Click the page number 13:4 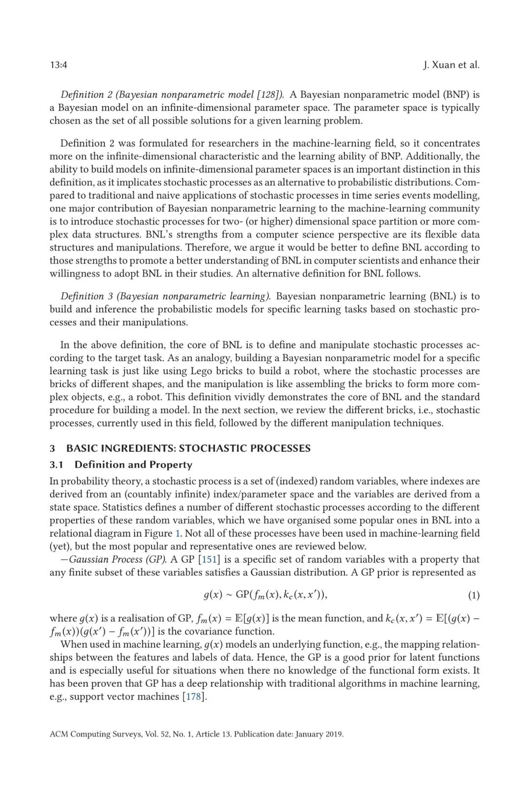(x=58, y=65)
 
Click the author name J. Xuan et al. (x=451, y=65)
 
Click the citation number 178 (x=192, y=697)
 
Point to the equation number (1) (x=474, y=596)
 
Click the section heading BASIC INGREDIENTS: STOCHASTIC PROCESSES (x=188, y=448)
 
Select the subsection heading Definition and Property (x=133, y=465)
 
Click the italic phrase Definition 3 (x=82, y=296)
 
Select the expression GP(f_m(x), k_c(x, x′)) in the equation (x=280, y=595)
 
